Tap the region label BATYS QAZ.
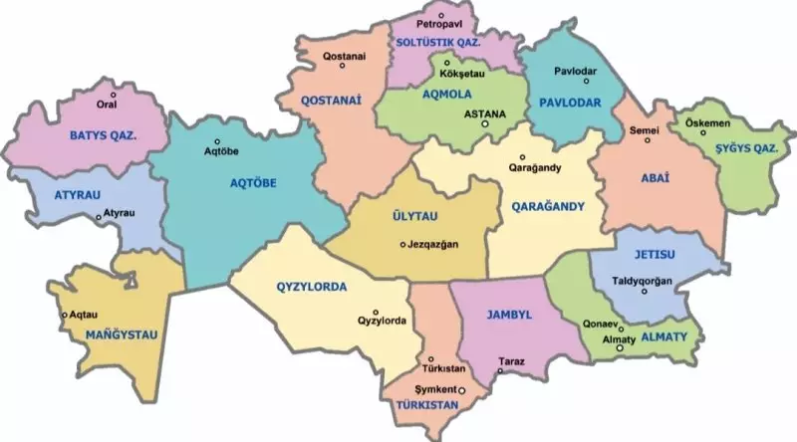tap(103, 134)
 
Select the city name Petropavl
tap(441, 21)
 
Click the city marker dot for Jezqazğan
tap(402, 245)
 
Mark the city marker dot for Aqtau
tap(65, 316)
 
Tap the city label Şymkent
tap(434, 387)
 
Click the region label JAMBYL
tap(510, 315)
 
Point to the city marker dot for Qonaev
tap(620, 328)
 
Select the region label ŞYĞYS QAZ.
tap(745, 148)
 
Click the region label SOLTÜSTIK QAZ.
tap(438, 44)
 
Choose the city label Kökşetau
tap(460, 74)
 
